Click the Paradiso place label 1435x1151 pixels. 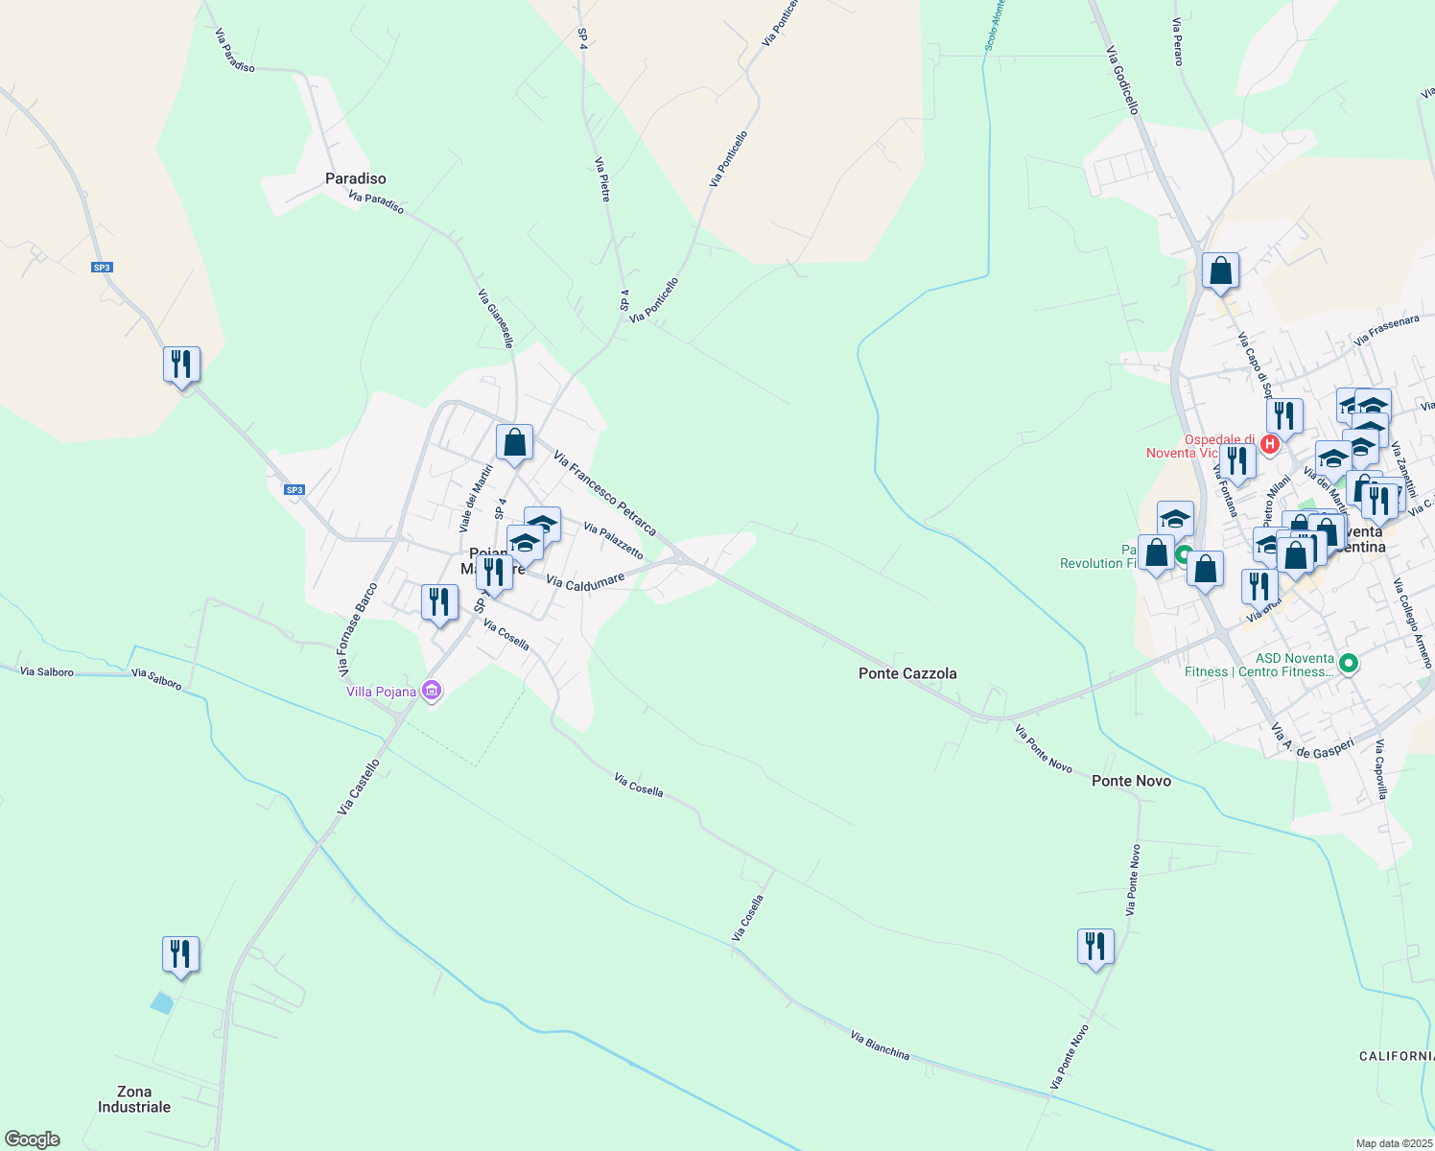point(356,178)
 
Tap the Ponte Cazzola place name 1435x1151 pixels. point(907,673)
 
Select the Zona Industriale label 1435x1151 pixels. point(134,1099)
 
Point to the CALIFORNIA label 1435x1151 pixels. point(1397,1056)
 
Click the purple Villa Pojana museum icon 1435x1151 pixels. point(432,691)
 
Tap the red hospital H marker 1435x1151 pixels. point(1270,444)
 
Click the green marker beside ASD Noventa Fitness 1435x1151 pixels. point(1349,663)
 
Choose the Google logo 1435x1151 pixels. point(32,1139)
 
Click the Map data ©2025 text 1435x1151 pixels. point(1393,1143)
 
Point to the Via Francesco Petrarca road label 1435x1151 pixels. point(605,494)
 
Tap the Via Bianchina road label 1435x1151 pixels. point(880,1045)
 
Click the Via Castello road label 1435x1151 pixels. point(359,787)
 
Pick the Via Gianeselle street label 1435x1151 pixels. point(496,318)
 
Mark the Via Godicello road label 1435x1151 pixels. point(1121,81)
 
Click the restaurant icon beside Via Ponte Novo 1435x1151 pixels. point(1095,947)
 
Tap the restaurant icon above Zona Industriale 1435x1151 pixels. point(180,954)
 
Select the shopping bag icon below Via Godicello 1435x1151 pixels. point(1220,271)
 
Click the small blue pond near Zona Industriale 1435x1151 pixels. point(162,1002)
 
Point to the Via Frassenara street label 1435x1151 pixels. point(1386,330)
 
